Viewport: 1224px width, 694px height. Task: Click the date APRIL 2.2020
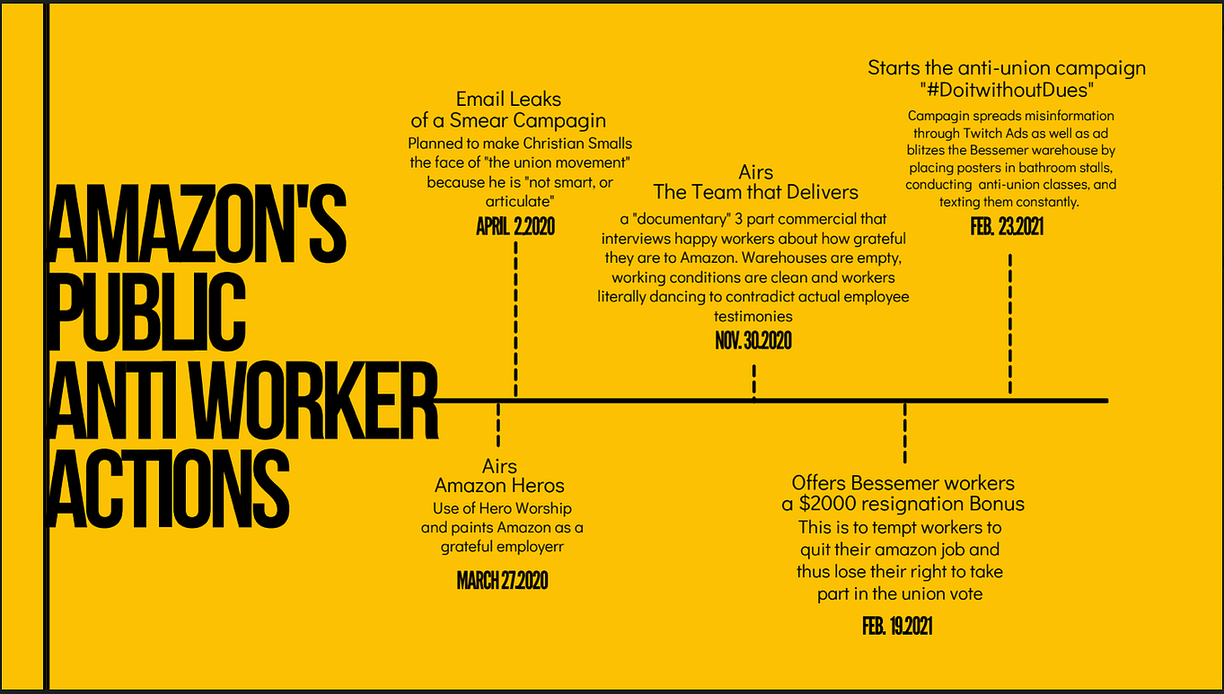click(515, 226)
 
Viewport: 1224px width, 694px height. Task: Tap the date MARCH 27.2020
click(502, 580)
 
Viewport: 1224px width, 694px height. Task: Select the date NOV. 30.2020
click(753, 341)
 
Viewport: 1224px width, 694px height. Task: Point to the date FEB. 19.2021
click(897, 627)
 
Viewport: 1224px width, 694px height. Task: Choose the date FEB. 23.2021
click(1007, 226)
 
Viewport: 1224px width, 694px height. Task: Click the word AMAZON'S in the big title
click(198, 224)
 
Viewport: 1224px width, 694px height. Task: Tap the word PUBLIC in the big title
click(147, 312)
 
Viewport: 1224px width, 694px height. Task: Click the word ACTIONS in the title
click(169, 488)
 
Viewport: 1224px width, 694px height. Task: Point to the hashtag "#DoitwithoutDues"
click(1007, 90)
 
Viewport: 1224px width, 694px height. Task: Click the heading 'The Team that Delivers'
click(756, 192)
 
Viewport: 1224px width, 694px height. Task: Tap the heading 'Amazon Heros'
click(499, 485)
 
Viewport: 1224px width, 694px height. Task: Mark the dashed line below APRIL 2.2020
click(515, 319)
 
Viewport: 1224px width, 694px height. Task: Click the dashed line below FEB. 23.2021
click(1009, 323)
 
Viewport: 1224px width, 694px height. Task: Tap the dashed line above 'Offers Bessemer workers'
click(905, 433)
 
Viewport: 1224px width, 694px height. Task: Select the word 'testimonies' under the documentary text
click(753, 316)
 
